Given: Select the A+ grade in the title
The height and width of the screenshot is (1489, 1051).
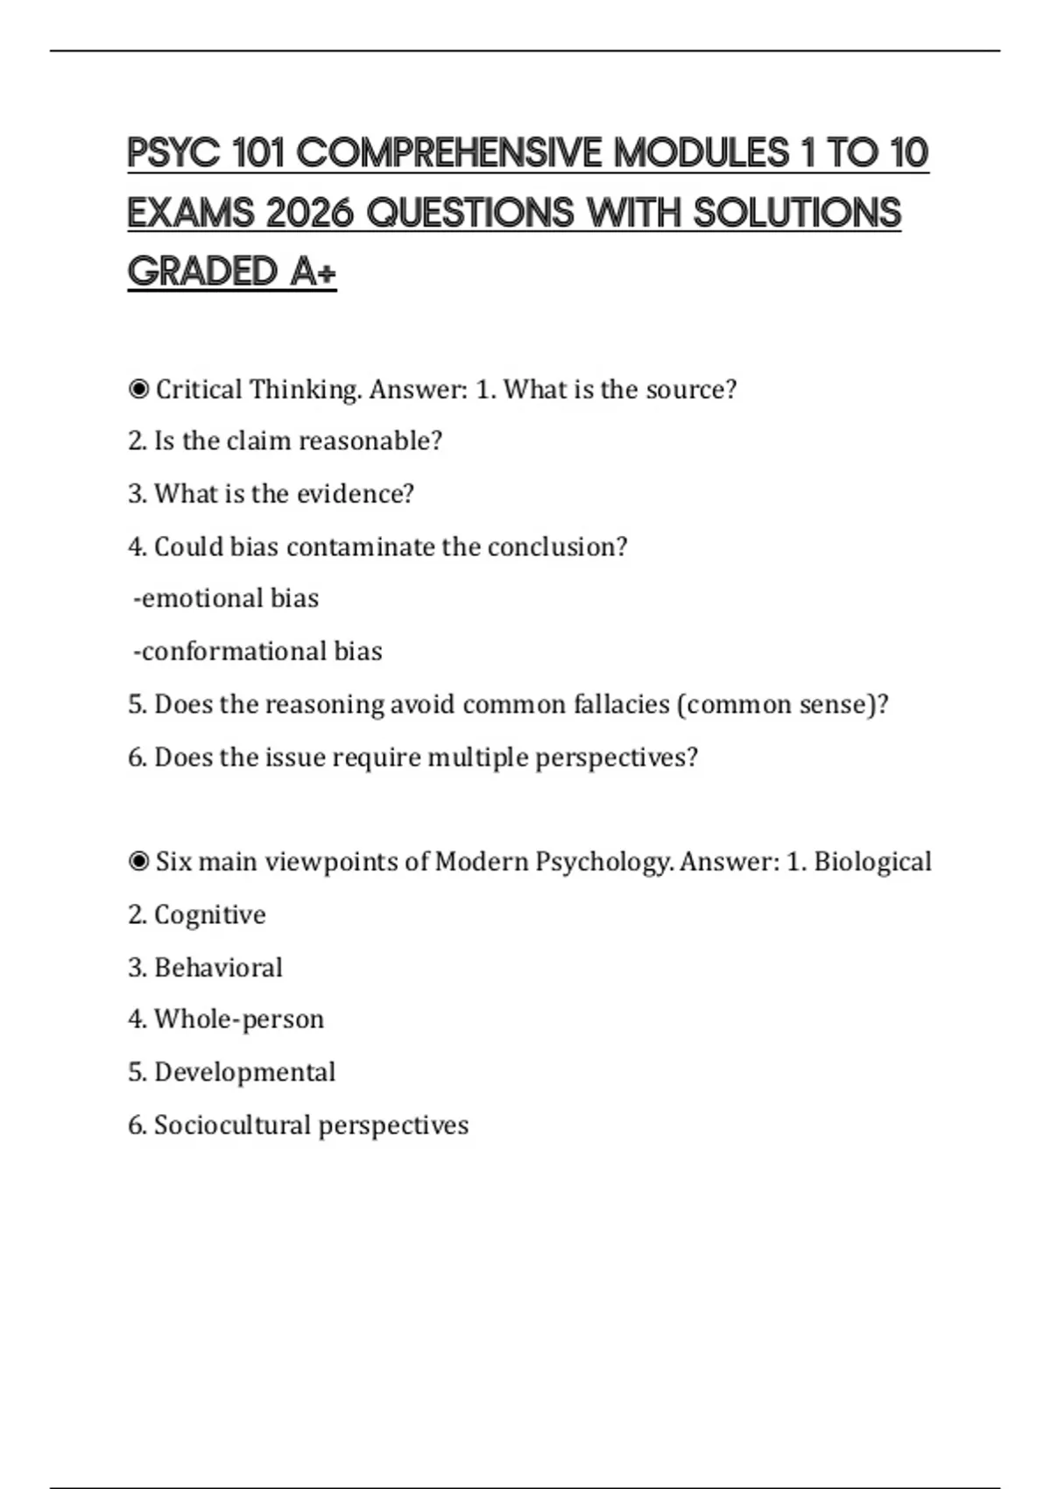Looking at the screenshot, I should (313, 272).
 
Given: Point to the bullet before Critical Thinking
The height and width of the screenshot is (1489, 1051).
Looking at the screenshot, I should (138, 389).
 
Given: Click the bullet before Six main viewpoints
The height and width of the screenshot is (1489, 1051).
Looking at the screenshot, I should (138, 862).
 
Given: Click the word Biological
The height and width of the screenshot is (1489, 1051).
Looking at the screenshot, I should (872, 862).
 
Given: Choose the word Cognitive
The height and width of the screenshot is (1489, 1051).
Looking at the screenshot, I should (210, 914).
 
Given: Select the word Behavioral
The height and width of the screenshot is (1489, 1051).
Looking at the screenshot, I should (218, 968).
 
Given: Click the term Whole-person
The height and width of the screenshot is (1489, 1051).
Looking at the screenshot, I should (239, 1020).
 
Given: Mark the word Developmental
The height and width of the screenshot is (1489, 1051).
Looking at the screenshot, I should (245, 1072).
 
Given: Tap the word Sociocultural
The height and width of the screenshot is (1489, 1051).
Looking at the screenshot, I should (232, 1126).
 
